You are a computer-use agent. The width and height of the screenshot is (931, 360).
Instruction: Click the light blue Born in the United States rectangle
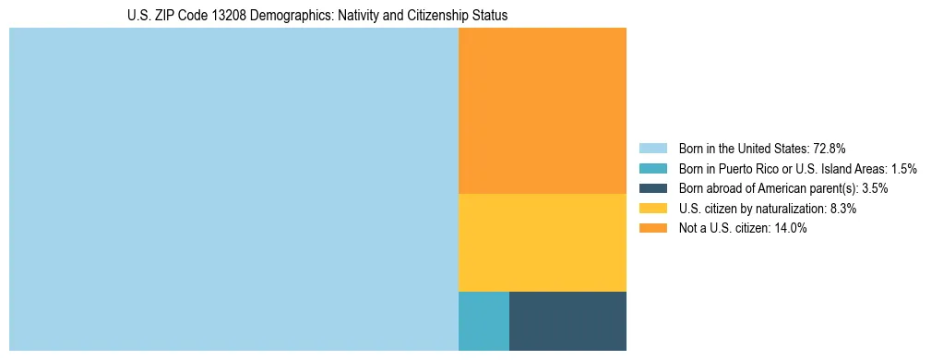coord(233,189)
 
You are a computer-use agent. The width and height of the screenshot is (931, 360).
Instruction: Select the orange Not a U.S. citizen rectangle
coord(543,111)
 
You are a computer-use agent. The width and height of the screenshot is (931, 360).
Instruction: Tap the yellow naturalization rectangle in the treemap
coord(543,243)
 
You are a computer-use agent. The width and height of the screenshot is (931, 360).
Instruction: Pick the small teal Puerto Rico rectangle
coord(483,321)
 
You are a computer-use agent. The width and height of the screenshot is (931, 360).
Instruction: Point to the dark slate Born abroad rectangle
coord(567,321)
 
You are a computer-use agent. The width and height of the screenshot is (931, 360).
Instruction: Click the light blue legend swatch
coord(652,148)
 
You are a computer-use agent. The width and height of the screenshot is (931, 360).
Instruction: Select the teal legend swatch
coord(652,168)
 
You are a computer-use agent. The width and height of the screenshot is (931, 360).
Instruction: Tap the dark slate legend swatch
coord(652,188)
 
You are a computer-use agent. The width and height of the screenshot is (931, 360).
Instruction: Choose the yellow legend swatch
coord(652,209)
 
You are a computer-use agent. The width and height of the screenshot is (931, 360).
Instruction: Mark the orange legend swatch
coord(652,229)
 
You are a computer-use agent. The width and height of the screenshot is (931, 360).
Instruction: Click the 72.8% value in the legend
coord(830,148)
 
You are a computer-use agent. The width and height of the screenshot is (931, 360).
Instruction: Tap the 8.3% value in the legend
coord(842,209)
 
